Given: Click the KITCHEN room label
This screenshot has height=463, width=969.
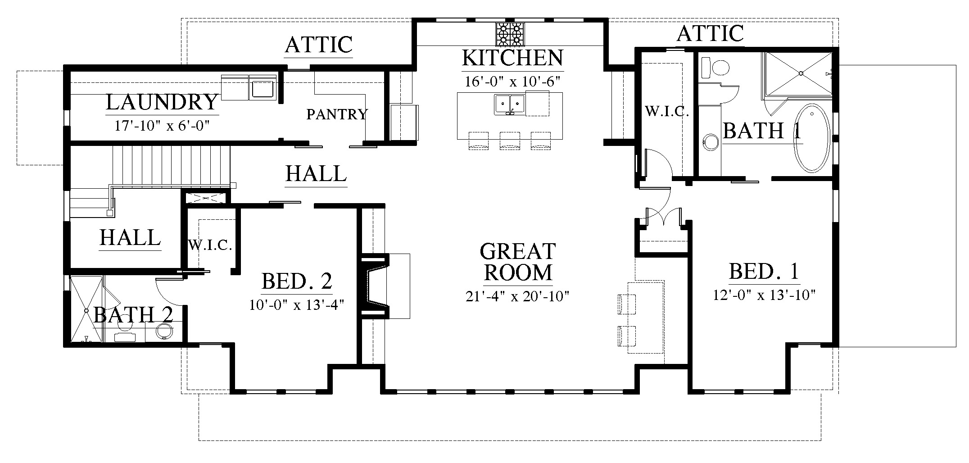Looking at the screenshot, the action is click(512, 58).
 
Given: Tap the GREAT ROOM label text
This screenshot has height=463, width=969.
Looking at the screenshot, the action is click(518, 262).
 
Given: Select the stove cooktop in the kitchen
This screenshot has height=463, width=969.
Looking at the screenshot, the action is click(511, 34).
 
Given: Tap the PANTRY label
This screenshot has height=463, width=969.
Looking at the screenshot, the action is click(337, 114).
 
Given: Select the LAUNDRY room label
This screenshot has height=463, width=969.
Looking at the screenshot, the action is click(162, 102).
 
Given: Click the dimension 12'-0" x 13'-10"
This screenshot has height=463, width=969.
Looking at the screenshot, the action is click(765, 295).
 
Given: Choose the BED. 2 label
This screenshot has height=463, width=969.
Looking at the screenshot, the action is click(297, 281).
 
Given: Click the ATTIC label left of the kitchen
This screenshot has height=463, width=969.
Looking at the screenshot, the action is click(318, 45).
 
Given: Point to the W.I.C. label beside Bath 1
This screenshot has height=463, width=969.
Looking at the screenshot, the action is click(667, 112).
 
